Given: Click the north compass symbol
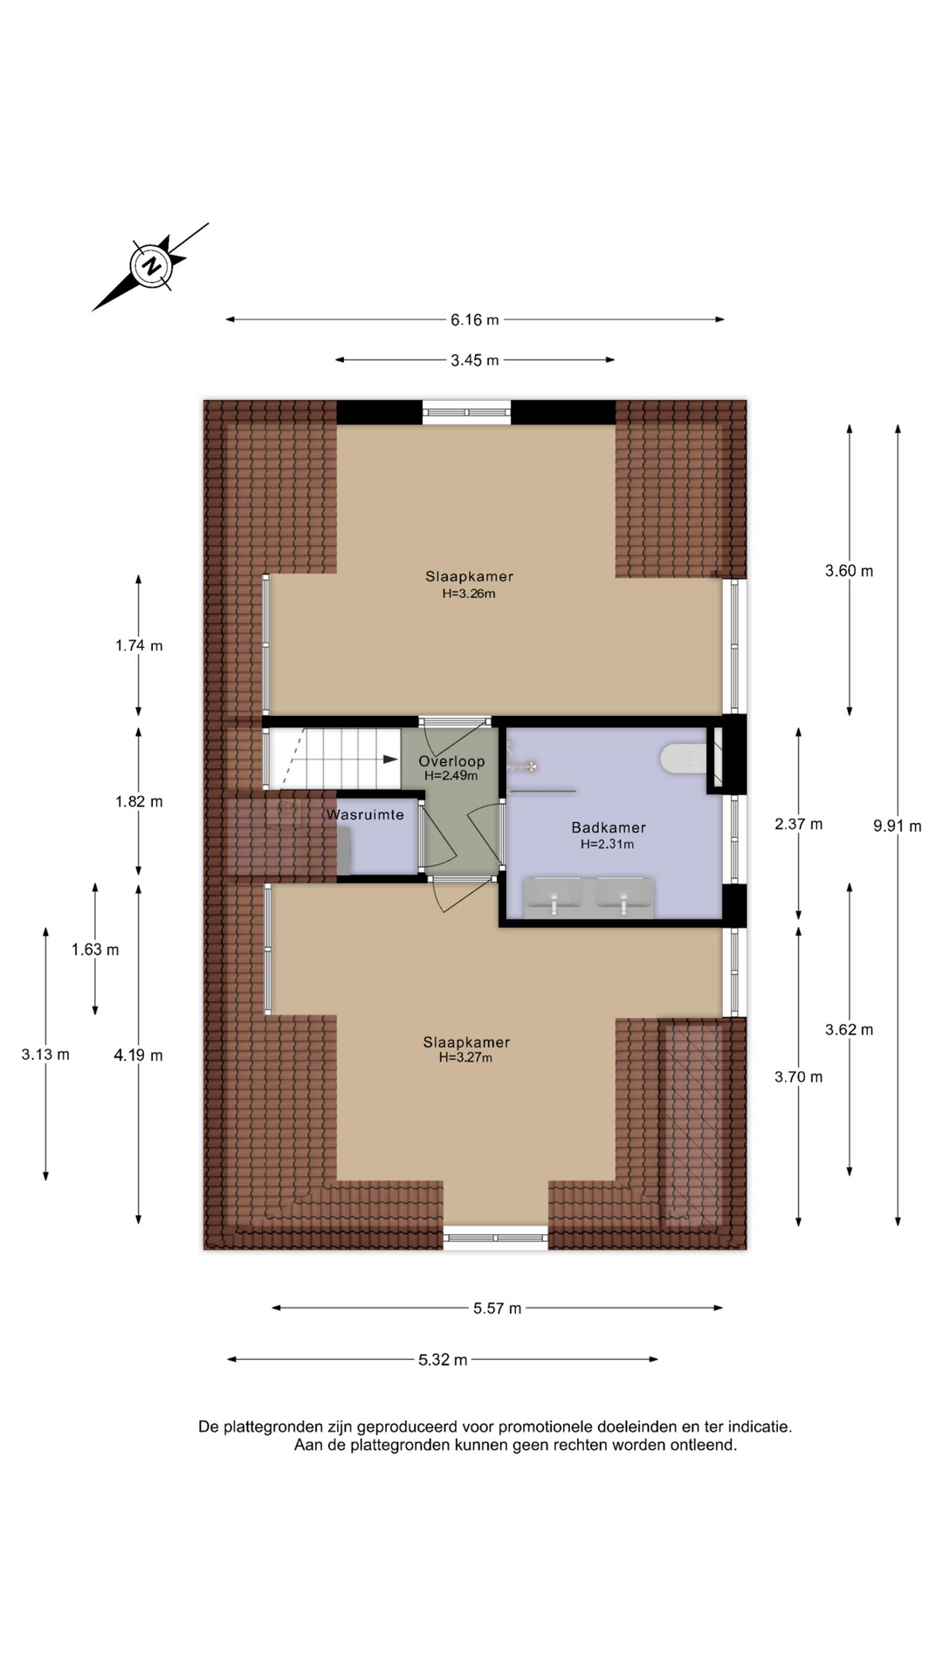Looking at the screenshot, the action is click(151, 266).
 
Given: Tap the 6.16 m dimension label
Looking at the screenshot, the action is click(475, 319).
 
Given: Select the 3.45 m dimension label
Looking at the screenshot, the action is click(475, 360).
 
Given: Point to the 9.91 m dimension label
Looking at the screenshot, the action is click(898, 826).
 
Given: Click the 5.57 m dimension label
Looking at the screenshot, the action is click(498, 1308).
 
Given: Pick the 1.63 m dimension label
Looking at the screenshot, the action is click(95, 950).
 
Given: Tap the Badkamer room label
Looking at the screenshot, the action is click(609, 828).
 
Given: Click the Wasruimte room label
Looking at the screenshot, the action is click(365, 814).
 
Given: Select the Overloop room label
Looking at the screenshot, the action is click(451, 761).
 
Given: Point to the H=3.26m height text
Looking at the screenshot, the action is click(469, 594).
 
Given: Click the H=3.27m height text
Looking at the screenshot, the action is click(466, 1058).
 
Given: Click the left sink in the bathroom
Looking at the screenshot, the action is click(554, 897).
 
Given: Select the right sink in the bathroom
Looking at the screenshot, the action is click(624, 897).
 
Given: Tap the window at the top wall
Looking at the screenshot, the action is click(467, 412).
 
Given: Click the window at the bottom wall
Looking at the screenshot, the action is click(496, 1238).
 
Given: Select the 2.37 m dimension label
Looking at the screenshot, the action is click(799, 824).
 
